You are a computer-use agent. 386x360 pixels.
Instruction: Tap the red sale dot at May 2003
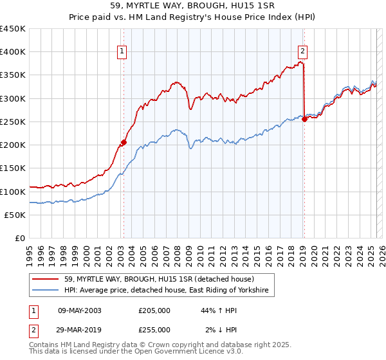(124, 143)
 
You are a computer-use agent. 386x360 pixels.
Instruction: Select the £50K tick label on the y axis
(15, 215)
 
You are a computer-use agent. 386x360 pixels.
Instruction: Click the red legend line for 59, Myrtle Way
(46, 279)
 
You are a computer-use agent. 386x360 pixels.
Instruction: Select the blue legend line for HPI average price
(46, 291)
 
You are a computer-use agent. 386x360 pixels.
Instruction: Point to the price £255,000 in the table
(154, 330)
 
